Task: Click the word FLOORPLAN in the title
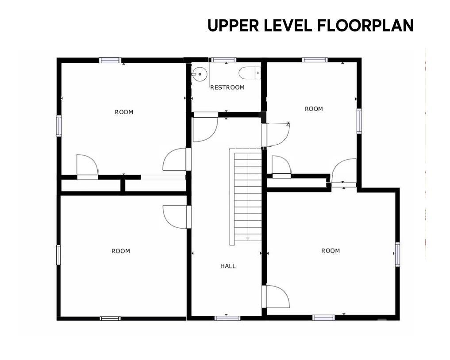365,26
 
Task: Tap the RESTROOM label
227,88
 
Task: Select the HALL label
228,266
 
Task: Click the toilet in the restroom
250,73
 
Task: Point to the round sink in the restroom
199,74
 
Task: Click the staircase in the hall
246,197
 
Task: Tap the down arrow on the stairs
248,239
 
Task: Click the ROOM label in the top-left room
124,112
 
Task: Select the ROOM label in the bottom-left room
121,251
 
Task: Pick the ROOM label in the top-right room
314,109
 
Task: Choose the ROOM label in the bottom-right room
331,251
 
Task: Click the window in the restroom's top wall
224,60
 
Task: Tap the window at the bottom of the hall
227,318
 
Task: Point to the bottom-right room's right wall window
397,254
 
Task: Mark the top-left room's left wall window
59,126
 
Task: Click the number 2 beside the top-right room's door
288,124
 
